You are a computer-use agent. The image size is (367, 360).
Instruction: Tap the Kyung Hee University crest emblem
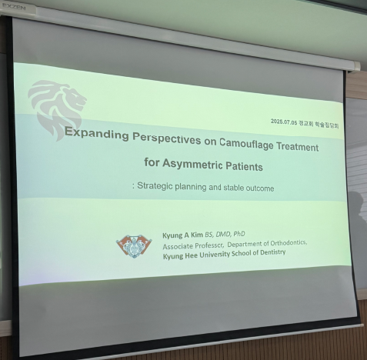134,246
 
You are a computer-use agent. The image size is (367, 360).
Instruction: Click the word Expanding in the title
97,134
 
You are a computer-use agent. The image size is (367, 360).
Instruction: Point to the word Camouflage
246,145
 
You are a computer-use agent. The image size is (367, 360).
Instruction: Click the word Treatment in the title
297,147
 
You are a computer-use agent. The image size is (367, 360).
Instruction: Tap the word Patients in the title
244,166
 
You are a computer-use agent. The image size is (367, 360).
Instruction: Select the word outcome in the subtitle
260,188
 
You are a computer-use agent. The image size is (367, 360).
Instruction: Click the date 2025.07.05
284,122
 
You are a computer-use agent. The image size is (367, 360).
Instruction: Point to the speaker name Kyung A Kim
182,235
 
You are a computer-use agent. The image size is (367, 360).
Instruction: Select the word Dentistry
273,252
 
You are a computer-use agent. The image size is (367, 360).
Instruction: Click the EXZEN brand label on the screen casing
15,8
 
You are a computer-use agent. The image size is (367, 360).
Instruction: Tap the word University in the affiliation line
215,255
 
